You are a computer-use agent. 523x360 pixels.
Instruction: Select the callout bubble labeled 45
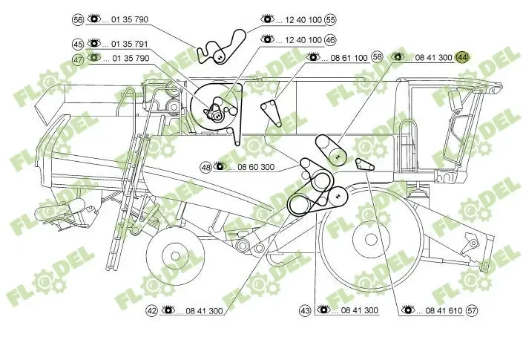click(x=78, y=44)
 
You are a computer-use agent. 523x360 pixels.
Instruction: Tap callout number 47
click(x=78, y=58)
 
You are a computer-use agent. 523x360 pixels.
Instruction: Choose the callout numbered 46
click(x=330, y=39)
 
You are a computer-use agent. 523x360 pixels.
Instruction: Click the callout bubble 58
click(x=378, y=57)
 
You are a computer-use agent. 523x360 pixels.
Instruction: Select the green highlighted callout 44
click(x=462, y=57)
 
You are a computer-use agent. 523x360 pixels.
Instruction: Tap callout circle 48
click(x=205, y=167)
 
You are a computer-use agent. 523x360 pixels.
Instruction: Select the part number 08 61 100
click(x=348, y=57)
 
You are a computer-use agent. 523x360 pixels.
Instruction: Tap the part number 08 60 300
click(x=256, y=167)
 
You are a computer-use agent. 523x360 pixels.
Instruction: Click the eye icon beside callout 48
click(x=220, y=167)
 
